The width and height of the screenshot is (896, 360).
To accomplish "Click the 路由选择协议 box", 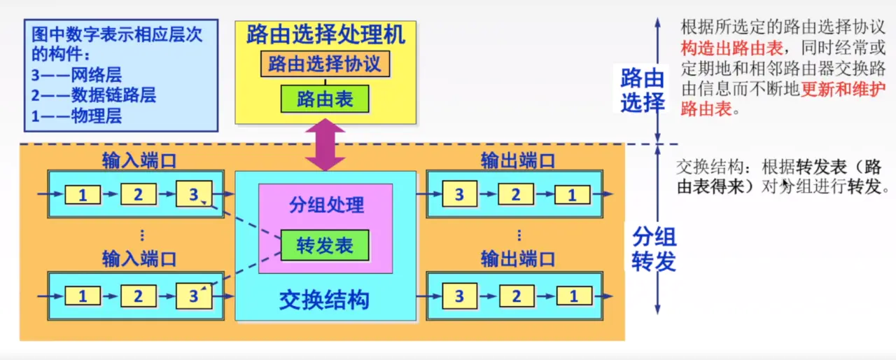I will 325,64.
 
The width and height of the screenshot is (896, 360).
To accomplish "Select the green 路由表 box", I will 325,99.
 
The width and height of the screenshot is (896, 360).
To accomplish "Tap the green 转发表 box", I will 325,245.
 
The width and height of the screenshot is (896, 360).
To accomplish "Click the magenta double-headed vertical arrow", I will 325,145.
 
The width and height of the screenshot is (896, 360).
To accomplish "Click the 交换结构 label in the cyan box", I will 324,300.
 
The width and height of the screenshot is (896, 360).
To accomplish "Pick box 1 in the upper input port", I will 83,193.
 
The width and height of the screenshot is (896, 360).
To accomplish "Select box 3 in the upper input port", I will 193,193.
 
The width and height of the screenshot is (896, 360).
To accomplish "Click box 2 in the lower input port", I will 138,296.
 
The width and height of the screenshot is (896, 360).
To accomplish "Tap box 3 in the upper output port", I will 459,193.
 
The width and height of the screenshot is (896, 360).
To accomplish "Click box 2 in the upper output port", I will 516,193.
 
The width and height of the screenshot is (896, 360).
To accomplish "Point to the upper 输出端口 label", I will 518,160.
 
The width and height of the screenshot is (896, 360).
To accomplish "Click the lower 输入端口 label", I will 139,259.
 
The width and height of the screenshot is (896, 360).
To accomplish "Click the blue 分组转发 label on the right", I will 654,249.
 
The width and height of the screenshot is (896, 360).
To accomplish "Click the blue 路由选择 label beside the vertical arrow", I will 642,90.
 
